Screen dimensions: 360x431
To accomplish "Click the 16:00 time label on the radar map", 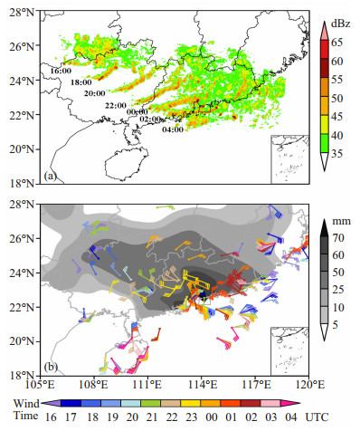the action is pyautogui.click(x=61, y=72).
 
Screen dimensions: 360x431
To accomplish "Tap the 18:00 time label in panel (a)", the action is pyautogui.click(x=81, y=82).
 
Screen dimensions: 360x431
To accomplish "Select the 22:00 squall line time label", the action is pyautogui.click(x=116, y=106).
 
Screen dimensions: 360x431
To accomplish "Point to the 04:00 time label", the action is pyautogui.click(x=173, y=129).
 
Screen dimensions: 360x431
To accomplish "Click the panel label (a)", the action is pyautogui.click(x=50, y=176).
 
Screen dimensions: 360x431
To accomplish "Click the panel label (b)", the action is pyautogui.click(x=51, y=368).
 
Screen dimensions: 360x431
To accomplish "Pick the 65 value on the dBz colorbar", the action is pyautogui.click(x=336, y=43).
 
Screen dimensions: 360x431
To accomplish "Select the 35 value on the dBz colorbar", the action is pyautogui.click(x=336, y=154).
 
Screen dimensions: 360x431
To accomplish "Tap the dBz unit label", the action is pyautogui.click(x=341, y=24).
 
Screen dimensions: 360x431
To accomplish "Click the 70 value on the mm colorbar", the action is pyautogui.click(x=337, y=238).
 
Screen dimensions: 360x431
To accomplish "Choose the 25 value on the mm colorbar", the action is pyautogui.click(x=337, y=290).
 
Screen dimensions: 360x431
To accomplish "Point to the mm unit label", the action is pyautogui.click(x=341, y=221).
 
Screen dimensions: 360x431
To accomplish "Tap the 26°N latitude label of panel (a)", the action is pyautogui.click(x=22, y=46).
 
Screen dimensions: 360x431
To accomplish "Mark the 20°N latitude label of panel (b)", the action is pyautogui.click(x=22, y=341).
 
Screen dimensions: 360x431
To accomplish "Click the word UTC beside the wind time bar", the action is pyautogui.click(x=317, y=417).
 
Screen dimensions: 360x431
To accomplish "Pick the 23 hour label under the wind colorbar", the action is pyautogui.click(x=191, y=417).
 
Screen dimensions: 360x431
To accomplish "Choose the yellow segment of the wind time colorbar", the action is pyautogui.click(x=190, y=403).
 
